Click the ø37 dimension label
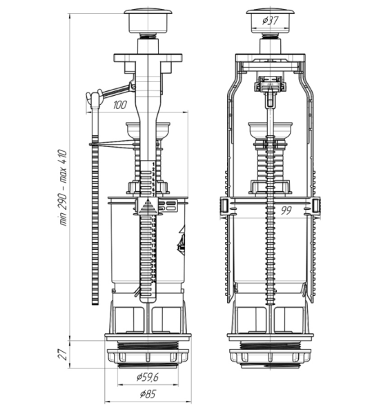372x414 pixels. click(x=271, y=20)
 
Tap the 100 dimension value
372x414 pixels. click(x=120, y=105)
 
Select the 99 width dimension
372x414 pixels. click(x=286, y=210)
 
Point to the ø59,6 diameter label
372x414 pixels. click(x=148, y=377)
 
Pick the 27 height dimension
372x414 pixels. click(x=62, y=355)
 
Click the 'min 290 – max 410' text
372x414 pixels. click(x=63, y=188)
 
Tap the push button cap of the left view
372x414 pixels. click(x=148, y=21)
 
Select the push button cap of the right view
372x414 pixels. click(x=271, y=21)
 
